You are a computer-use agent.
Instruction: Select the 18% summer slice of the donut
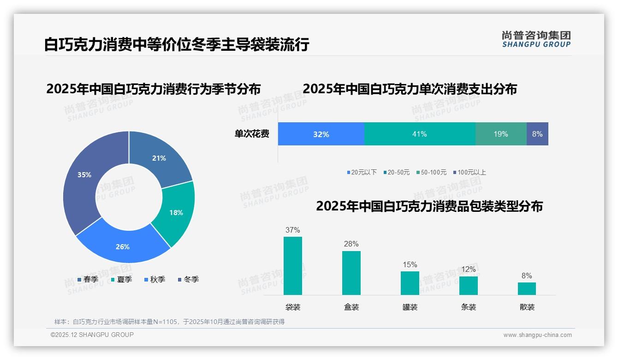(x=176, y=213)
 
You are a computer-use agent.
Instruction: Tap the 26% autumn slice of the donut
(x=123, y=247)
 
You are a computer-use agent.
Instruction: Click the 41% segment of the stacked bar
(x=420, y=134)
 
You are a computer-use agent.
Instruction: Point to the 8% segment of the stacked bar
(x=537, y=134)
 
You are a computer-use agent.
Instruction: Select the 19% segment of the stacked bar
(x=501, y=134)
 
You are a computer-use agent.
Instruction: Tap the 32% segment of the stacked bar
(x=321, y=134)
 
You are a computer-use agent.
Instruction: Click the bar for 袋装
(x=293, y=266)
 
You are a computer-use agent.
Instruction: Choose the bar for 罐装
(x=410, y=283)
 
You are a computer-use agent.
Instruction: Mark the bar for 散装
(x=527, y=288)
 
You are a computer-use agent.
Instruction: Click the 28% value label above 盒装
(x=351, y=244)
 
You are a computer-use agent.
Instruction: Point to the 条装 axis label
(x=469, y=307)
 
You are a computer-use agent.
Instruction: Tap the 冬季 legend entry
(x=189, y=279)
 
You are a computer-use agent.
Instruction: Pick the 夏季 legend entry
(x=122, y=279)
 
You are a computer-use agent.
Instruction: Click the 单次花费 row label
(x=252, y=134)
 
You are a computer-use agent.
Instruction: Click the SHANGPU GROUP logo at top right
(x=536, y=39)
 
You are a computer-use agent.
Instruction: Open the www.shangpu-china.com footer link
(x=537, y=335)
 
